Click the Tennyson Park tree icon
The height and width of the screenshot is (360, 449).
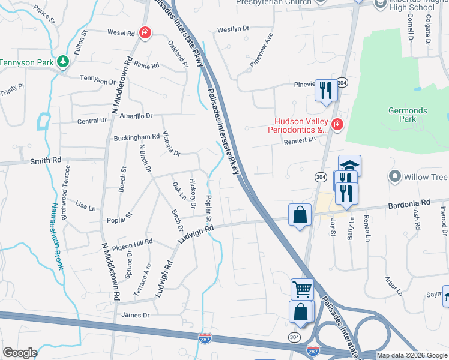pyautogui.click(x=62, y=62)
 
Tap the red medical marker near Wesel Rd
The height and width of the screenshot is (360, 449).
pyautogui.click(x=145, y=32)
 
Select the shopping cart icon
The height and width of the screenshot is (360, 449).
pyautogui.click(x=302, y=289)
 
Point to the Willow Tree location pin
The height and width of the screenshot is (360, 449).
pyautogui.click(x=394, y=177)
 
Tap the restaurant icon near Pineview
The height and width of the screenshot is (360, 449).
pyautogui.click(x=326, y=91)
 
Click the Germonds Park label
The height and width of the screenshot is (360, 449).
pyautogui.click(x=408, y=115)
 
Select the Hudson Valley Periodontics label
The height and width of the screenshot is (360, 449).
pyautogui.click(x=301, y=125)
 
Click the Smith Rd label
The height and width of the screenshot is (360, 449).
pyautogui.click(x=46, y=161)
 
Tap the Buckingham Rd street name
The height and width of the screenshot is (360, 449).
pyautogui.click(x=136, y=137)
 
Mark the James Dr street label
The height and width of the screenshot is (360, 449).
pyautogui.click(x=135, y=315)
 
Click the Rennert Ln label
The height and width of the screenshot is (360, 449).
pyautogui.click(x=303, y=142)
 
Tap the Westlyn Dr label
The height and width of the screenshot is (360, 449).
pyautogui.click(x=233, y=29)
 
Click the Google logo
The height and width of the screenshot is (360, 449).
pyautogui.click(x=20, y=353)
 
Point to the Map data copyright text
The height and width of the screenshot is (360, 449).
pyautogui.click(x=412, y=355)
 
